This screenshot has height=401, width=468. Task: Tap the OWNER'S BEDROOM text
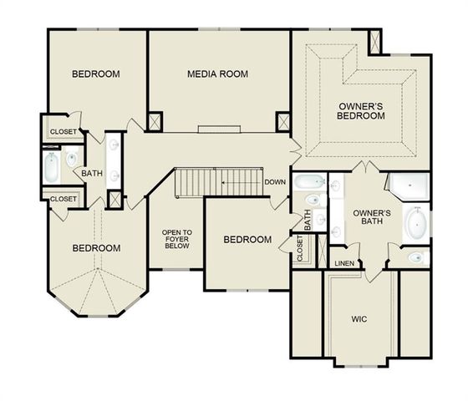[362, 111]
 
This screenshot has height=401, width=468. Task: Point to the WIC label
[359, 319]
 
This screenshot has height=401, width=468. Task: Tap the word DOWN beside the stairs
[275, 182]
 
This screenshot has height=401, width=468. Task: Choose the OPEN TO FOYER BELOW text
[176, 240]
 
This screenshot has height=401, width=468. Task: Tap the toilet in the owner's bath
[416, 257]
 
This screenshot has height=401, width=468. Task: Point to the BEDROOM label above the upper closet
[95, 74]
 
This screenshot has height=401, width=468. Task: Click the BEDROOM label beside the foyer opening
[247, 240]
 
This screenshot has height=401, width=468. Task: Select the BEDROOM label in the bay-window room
[95, 248]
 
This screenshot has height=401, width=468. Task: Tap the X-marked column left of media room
[155, 120]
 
